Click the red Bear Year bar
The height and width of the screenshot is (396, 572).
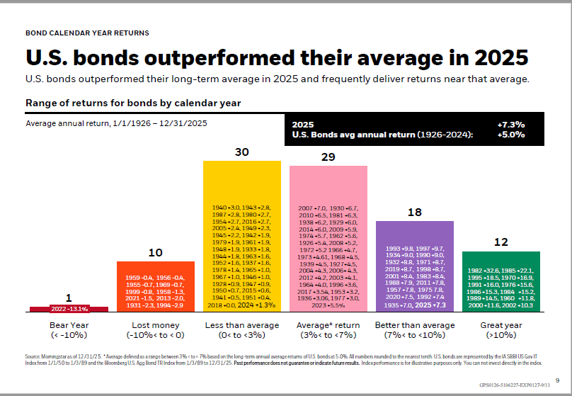tap(69, 309)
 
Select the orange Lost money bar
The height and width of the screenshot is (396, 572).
tap(155, 286)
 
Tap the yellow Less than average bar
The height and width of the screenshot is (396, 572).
tap(242, 237)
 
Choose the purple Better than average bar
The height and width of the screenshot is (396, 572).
tap(415, 266)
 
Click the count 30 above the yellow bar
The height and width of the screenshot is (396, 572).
tap(242, 152)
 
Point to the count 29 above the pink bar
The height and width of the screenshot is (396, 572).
tap(328, 157)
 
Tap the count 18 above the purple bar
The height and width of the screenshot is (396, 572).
tap(415, 212)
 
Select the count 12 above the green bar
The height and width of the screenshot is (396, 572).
tap(500, 242)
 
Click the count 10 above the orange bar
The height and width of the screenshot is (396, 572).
tap(155, 252)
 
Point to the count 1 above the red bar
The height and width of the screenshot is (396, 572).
tap(69, 298)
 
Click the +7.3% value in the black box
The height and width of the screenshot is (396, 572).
tap(510, 124)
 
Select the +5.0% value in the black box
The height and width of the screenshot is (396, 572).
tap(510, 135)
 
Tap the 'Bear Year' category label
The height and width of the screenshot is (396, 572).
tap(69, 324)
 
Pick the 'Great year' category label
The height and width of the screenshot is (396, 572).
tap(500, 324)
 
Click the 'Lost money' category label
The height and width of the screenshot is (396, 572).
tap(155, 324)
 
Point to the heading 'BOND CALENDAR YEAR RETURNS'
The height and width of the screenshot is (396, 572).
tap(87, 33)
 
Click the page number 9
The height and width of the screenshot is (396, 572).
tap(557, 380)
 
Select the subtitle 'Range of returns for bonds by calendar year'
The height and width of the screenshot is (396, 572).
tap(133, 103)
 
